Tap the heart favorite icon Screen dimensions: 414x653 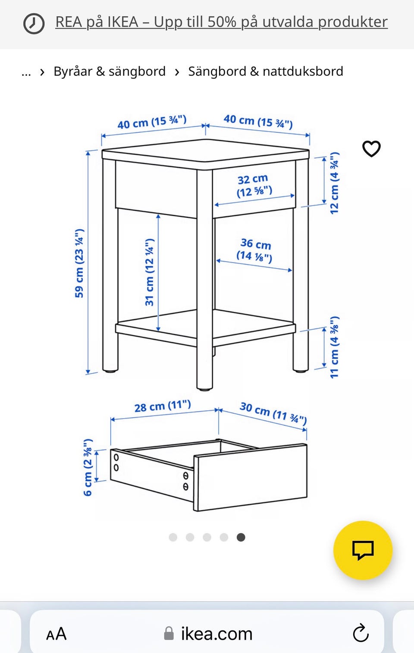(x=371, y=149)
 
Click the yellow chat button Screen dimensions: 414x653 (x=363, y=550)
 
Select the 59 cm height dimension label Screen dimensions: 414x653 (x=79, y=263)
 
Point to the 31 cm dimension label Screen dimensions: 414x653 (x=149, y=272)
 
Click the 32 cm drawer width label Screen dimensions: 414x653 (x=254, y=185)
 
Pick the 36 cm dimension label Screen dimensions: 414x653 (x=254, y=250)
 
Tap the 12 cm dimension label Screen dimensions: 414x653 (x=334, y=183)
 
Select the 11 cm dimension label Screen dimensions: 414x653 (x=334, y=347)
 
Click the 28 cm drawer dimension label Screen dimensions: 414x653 (x=163, y=406)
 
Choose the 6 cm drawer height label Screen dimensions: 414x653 (x=88, y=467)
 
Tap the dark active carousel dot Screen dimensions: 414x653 (x=241, y=537)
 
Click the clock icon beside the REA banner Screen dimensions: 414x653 (x=34, y=23)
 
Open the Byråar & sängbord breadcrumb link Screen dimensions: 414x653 (x=110, y=72)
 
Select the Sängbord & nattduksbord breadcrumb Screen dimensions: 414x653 (x=266, y=72)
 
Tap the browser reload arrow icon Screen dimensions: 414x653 (x=361, y=633)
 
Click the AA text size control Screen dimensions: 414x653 (x=56, y=634)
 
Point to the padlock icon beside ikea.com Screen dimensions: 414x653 (x=169, y=634)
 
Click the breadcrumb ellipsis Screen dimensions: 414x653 (x=26, y=73)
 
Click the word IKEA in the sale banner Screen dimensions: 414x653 (x=123, y=22)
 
